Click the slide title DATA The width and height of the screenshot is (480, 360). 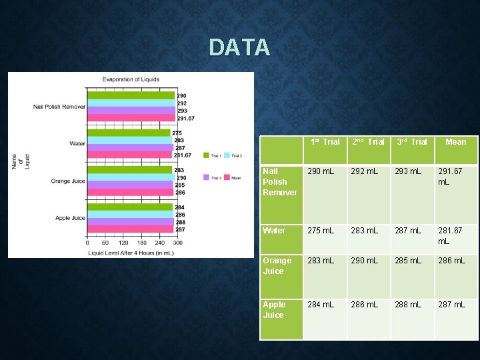239,47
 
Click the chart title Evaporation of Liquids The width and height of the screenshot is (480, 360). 131,79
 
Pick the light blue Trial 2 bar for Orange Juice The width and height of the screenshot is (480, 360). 130,177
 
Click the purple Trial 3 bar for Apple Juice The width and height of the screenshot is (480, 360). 131,222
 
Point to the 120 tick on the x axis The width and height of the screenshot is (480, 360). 125,243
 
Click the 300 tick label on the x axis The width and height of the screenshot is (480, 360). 177,243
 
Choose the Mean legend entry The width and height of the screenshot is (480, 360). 233,177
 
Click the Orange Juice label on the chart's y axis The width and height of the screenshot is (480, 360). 68,181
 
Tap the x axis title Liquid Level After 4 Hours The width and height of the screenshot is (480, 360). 130,252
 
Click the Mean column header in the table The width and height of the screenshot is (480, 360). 456,142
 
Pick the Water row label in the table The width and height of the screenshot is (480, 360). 274,231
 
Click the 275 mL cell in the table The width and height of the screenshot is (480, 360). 321,231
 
